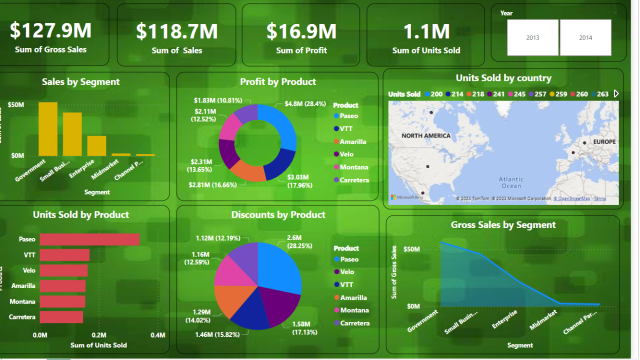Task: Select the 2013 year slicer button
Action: pos(532,36)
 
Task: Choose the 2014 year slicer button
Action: pos(585,36)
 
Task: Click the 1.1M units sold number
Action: pos(428,30)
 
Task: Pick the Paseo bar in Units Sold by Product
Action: pos(89,239)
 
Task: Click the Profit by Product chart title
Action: pos(278,82)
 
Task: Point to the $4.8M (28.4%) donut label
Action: pos(307,103)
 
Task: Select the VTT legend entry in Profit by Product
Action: pos(346,127)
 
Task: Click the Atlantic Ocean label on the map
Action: pos(511,181)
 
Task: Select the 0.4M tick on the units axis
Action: pos(158,335)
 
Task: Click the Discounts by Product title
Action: pos(278,214)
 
